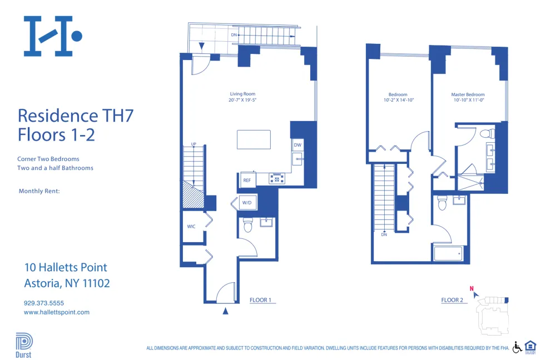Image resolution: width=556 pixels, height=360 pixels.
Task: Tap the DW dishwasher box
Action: pos(297,145)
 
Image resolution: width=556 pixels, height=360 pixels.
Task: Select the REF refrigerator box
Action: pos(246,180)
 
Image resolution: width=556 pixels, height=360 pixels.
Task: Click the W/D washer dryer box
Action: pos(246,203)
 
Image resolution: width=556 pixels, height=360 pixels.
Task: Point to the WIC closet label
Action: pos(191,227)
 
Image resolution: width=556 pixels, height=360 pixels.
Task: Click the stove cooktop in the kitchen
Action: pos(276,179)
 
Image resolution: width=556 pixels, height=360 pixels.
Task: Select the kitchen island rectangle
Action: pos(254,139)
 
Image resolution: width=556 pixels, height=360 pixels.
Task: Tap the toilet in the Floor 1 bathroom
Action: pos(248,224)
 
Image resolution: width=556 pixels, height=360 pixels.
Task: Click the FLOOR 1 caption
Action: pos(260,300)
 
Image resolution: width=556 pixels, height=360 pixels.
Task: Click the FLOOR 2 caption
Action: pos(452,300)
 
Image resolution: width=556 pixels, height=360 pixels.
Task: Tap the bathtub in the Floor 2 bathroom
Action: pos(448,254)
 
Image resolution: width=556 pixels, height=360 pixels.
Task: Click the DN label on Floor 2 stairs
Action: pos(384,234)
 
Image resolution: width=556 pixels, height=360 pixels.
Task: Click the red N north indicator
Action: pos(471,288)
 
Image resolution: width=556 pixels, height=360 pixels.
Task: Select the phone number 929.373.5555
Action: pos(44,303)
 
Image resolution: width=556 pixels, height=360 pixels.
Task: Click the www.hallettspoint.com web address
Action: pos(56,312)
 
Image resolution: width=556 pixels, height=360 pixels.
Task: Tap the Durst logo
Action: pos(24,344)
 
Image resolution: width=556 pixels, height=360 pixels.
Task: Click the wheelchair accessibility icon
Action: pos(517,347)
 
